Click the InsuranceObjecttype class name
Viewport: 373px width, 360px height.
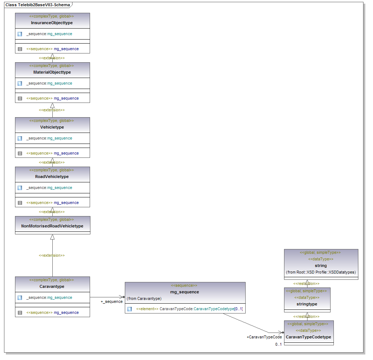pyautogui.click(x=52, y=23)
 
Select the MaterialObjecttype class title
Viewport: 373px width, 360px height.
pyautogui.click(x=52, y=73)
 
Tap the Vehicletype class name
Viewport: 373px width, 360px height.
pyautogui.click(x=52, y=127)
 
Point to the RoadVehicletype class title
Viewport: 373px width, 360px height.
pyautogui.click(x=52, y=177)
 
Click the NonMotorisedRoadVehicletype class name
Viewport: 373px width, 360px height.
pyautogui.click(x=52, y=226)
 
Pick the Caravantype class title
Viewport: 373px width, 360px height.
pyautogui.click(x=52, y=286)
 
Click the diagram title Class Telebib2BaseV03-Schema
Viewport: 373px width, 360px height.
pyautogui.click(x=38, y=5)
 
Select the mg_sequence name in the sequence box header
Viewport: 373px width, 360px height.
pyautogui.click(x=184, y=292)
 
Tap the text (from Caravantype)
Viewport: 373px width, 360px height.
pyautogui.click(x=144, y=298)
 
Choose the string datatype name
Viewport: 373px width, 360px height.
pyautogui.click(x=321, y=266)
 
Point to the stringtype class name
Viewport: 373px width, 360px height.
pyautogui.click(x=307, y=304)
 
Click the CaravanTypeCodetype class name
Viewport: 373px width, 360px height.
pyautogui.click(x=309, y=337)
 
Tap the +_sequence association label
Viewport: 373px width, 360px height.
pyautogui.click(x=112, y=302)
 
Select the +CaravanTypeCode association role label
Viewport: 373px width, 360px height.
pyautogui.click(x=264, y=337)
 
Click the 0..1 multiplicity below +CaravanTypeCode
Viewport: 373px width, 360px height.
pyautogui.click(x=279, y=345)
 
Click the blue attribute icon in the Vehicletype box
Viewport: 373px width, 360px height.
pyautogui.click(x=20, y=138)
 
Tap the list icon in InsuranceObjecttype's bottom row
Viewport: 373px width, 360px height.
pyautogui.click(x=20, y=49)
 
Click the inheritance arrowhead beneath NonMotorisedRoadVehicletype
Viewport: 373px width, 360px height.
pyautogui.click(x=52, y=237)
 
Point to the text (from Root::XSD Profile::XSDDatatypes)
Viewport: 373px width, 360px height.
pyautogui.click(x=321, y=272)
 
